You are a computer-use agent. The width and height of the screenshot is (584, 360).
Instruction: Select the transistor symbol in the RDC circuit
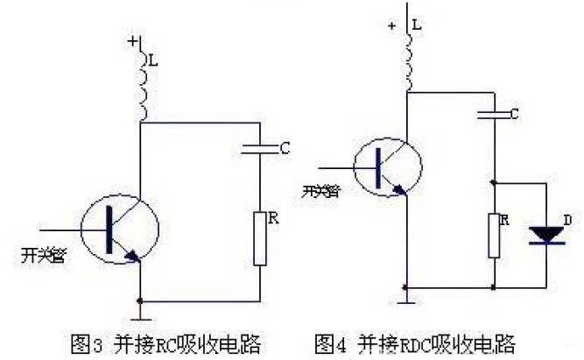click(386, 166)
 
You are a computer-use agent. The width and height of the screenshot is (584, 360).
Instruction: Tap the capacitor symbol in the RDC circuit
click(495, 115)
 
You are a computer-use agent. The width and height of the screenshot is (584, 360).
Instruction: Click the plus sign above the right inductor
click(391, 25)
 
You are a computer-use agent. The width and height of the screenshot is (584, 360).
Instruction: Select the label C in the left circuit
click(285, 149)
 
